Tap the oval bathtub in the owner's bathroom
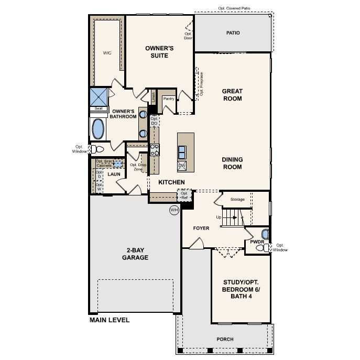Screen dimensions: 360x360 click(x=98, y=128)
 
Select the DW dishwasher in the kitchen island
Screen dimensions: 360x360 click(x=182, y=166)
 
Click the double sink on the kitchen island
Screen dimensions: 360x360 click(x=182, y=152)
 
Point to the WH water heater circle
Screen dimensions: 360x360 click(x=174, y=210)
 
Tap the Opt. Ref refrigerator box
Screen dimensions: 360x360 click(x=184, y=195)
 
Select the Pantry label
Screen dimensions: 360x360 click(x=168, y=99)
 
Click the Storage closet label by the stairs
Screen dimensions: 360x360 click(x=237, y=200)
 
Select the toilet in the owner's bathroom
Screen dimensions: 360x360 click(x=95, y=149)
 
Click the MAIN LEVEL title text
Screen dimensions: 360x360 click(x=110, y=320)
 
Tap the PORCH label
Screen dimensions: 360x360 click(x=225, y=339)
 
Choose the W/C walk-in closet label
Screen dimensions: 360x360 click(x=107, y=53)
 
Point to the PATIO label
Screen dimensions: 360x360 click(x=233, y=33)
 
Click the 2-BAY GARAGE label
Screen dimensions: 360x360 click(x=135, y=254)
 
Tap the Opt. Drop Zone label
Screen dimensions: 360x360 click(x=138, y=167)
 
